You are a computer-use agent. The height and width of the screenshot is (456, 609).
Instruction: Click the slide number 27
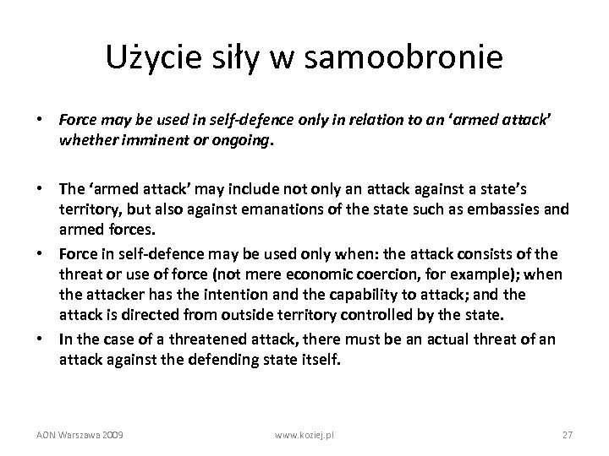(x=568, y=435)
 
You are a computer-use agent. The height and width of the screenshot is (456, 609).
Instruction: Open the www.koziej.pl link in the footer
(x=305, y=435)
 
